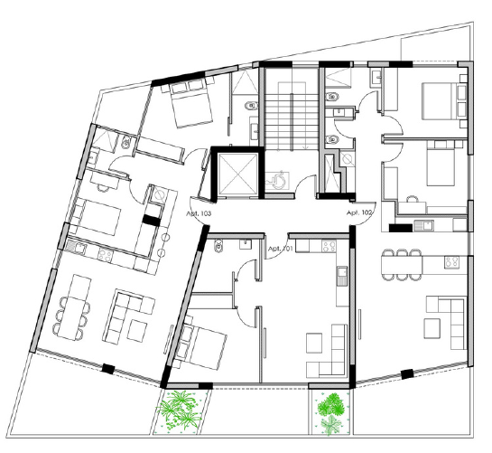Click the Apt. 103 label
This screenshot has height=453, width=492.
[199, 213]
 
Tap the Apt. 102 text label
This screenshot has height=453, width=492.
[359, 212]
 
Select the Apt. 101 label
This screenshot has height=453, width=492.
[280, 249]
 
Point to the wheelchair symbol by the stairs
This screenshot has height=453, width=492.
[278, 181]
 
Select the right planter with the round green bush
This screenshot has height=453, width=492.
[331, 412]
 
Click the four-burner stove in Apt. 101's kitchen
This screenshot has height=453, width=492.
[330, 246]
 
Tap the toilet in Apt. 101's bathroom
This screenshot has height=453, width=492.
[218, 246]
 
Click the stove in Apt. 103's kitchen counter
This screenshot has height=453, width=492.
[105, 254]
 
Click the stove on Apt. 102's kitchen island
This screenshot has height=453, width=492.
[451, 262]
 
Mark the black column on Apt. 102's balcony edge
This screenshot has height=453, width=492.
[407, 374]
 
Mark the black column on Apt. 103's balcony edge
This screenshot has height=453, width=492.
[108, 369]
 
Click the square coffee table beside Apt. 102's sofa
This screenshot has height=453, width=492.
[432, 328]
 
